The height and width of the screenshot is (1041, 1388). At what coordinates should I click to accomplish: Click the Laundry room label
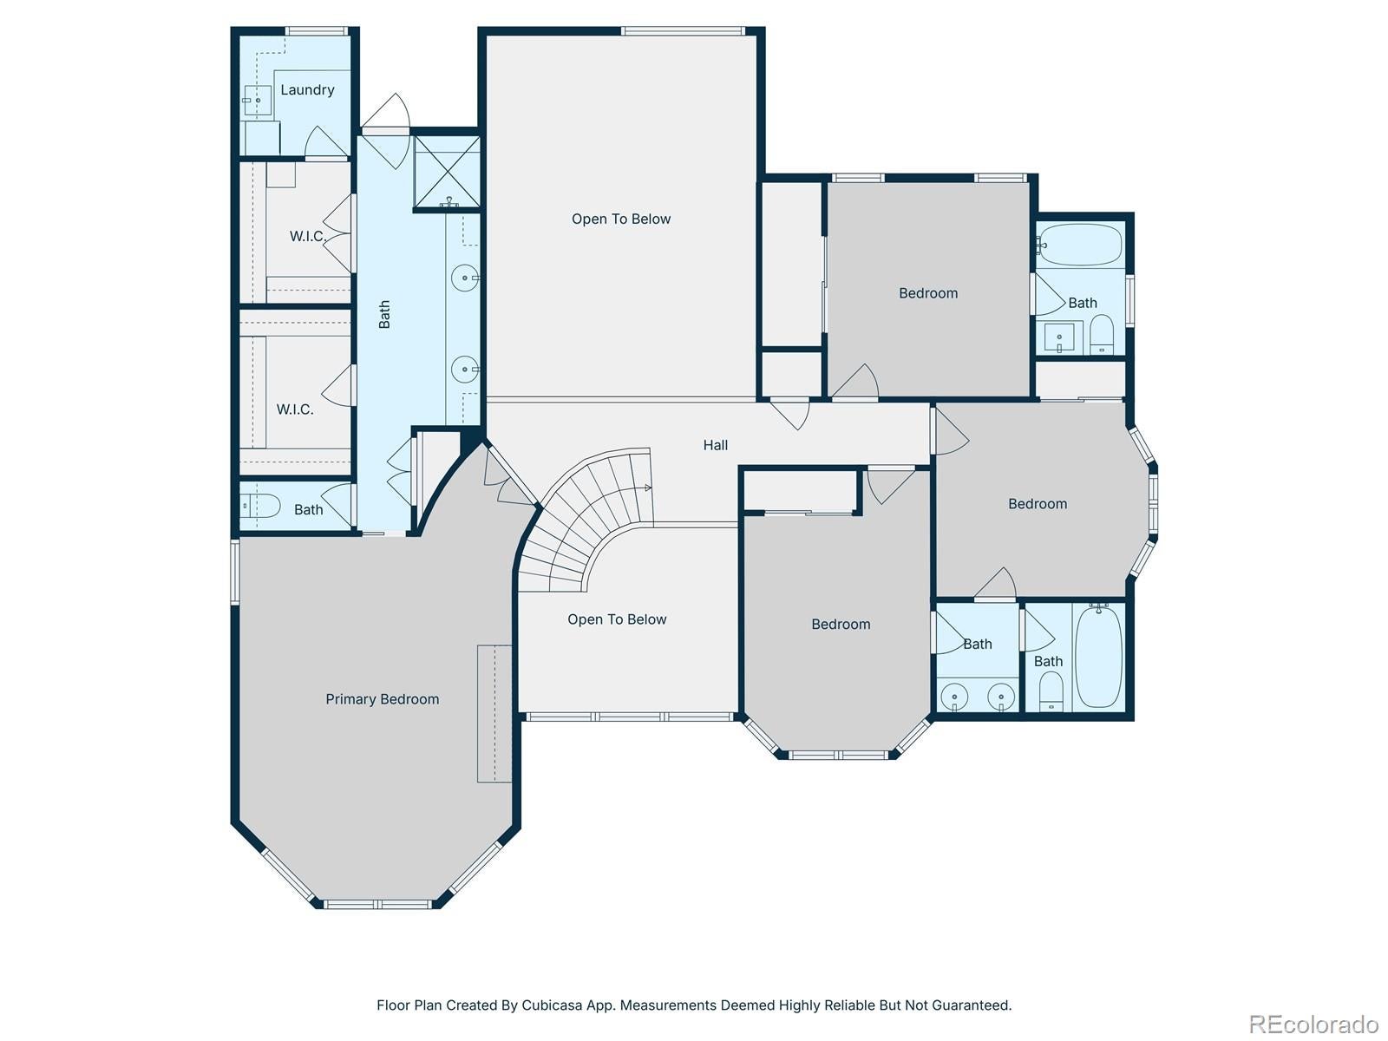[307, 89]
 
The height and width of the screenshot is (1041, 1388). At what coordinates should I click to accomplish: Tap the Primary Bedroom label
[382, 699]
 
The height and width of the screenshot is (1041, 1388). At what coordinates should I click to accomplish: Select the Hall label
[716, 445]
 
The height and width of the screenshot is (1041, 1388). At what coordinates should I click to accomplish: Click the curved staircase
[590, 520]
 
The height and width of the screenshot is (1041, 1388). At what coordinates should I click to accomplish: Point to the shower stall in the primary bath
[446, 171]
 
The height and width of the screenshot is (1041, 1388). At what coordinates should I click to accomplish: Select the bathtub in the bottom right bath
[1098, 658]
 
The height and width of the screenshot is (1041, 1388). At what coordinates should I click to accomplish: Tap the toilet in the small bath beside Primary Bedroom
[260, 507]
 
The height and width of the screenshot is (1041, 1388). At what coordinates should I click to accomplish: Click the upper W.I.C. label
[307, 236]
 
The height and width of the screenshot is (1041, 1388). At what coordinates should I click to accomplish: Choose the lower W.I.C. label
[295, 409]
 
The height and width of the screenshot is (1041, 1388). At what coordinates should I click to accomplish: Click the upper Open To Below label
[621, 219]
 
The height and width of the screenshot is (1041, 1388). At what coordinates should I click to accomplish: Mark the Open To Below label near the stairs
[617, 619]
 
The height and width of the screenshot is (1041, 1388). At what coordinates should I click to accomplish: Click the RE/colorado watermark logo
[1314, 1024]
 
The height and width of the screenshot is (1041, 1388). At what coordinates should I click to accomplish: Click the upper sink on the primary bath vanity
[466, 279]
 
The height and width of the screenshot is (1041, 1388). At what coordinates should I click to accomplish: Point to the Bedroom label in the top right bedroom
[928, 293]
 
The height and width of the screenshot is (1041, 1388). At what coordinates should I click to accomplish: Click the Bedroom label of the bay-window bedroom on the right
[1038, 504]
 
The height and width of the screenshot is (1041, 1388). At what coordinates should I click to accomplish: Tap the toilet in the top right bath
[1102, 334]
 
